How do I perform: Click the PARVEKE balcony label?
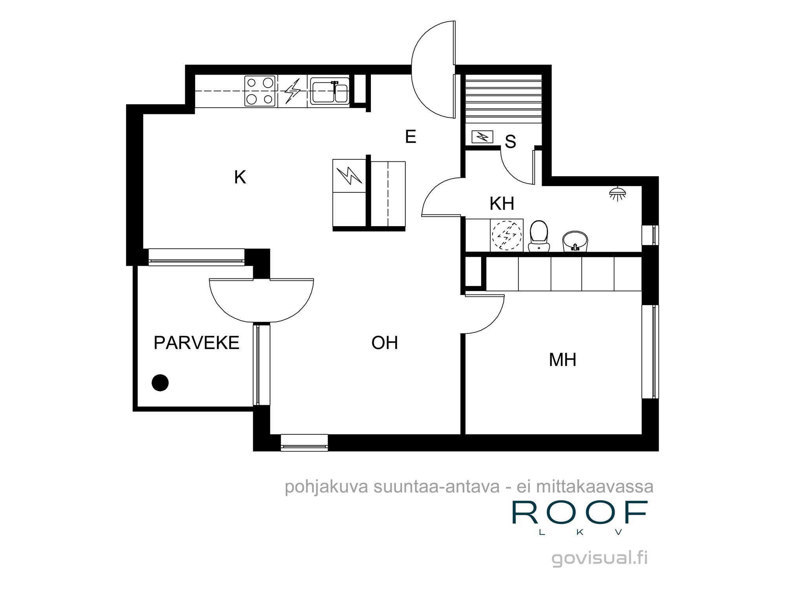click(x=196, y=343)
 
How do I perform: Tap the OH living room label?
click(x=385, y=343)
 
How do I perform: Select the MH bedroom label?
click(x=562, y=360)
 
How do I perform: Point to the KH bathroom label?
click(x=502, y=204)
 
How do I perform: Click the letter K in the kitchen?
click(x=240, y=177)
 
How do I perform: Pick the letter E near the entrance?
click(x=411, y=137)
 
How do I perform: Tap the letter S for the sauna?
click(x=510, y=142)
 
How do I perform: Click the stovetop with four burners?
click(x=259, y=91)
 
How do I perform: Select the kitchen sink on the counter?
click(x=330, y=91)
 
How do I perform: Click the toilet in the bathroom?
click(x=539, y=236)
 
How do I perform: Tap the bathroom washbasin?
click(x=575, y=241)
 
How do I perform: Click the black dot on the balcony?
click(x=160, y=382)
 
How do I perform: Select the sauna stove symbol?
click(x=482, y=137)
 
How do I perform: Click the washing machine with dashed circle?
click(x=506, y=235)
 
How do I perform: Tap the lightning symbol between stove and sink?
click(x=292, y=91)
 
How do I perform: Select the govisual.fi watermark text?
click(x=599, y=558)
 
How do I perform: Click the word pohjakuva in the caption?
click(x=327, y=487)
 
